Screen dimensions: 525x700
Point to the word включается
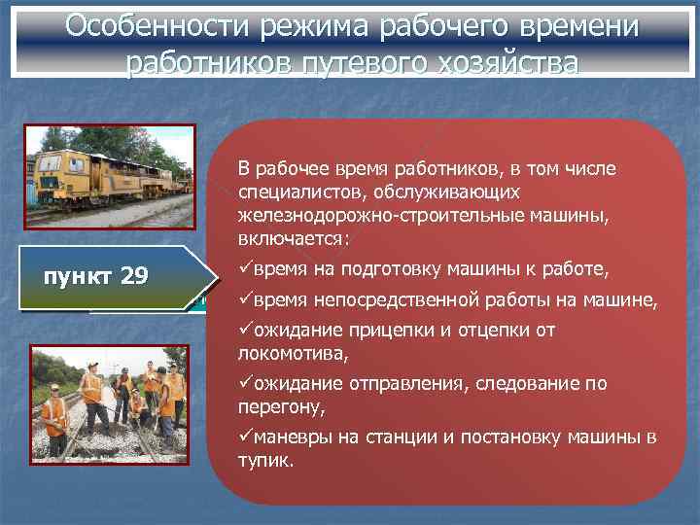pyautogui.click(x=292, y=237)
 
